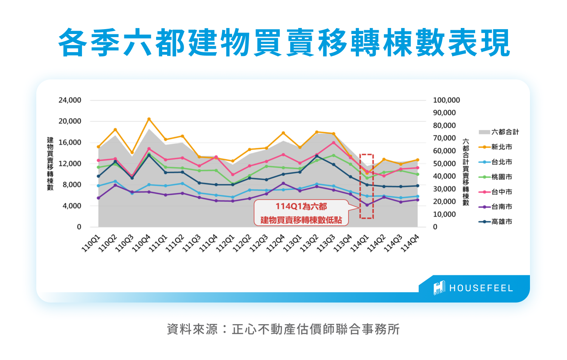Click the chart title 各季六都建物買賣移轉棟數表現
284,42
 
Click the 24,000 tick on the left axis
70,100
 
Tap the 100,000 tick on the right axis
446,100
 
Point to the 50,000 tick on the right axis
445,164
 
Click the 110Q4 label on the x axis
141,243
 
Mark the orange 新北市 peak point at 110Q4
149,119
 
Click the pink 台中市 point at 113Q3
333,143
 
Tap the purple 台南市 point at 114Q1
367,205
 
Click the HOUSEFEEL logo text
481,288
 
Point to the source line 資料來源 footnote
283,329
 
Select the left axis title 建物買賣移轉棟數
50,164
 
